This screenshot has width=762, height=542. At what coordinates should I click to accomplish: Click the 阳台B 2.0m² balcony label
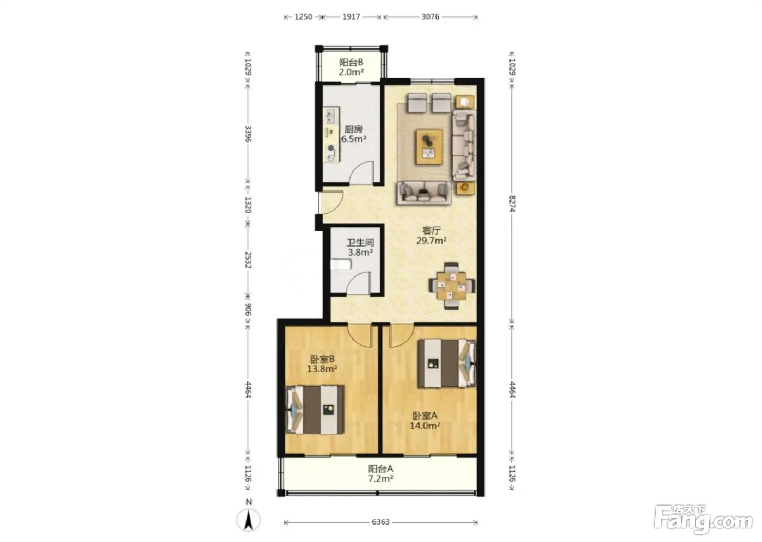click(x=351, y=67)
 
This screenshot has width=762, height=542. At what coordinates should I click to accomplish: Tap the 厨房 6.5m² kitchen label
click(x=353, y=134)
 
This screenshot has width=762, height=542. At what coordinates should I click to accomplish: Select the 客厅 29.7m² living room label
click(x=431, y=235)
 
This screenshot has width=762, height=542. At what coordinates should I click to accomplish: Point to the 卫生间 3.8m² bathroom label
click(x=360, y=247)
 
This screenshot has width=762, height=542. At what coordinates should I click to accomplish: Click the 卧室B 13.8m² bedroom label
click(x=322, y=364)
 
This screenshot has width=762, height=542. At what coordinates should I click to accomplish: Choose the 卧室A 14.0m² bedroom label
click(x=425, y=421)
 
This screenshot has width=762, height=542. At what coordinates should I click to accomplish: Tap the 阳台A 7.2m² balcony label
click(x=380, y=473)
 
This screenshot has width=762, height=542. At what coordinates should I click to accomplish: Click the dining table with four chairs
click(x=451, y=286)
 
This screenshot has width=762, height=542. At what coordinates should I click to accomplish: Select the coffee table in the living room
click(x=429, y=146)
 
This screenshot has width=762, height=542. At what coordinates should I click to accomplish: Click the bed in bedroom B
click(x=315, y=410)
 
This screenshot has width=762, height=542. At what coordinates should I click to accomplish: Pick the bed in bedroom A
click(x=447, y=363)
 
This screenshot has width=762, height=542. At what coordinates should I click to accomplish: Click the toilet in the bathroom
click(x=341, y=264)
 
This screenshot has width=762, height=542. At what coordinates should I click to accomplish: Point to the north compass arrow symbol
click(x=249, y=520)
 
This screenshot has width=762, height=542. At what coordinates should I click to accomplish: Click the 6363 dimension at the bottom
click(x=380, y=522)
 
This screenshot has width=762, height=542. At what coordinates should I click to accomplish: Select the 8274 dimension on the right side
click(x=513, y=203)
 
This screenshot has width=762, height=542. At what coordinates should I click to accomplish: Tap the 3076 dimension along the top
click(x=431, y=16)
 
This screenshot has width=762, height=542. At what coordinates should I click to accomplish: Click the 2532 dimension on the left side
click(x=248, y=260)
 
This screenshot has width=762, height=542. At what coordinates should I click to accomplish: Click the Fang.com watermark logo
click(x=703, y=520)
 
